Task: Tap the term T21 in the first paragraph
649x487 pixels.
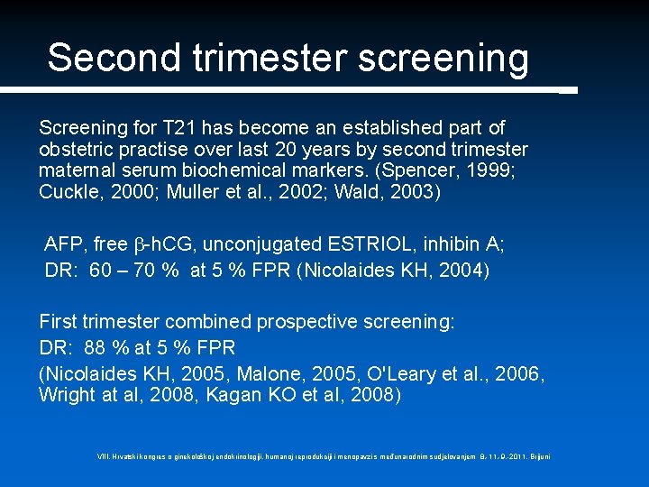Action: tap(175, 128)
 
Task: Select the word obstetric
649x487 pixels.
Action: tap(75, 148)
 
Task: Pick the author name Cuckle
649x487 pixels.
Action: tap(68, 191)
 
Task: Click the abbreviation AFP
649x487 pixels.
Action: tap(64, 245)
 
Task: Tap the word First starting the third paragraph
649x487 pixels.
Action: tap(59, 322)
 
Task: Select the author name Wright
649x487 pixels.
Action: tap(65, 394)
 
